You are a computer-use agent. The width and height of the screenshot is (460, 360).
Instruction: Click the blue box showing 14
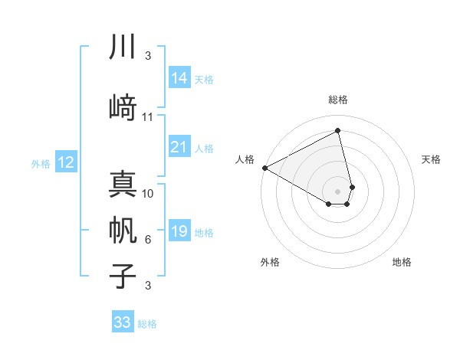tap(179, 78)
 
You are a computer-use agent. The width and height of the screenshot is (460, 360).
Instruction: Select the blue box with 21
tap(179, 148)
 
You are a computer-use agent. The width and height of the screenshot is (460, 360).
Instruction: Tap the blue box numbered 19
tap(179, 232)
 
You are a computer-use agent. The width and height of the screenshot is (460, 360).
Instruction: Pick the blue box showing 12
tap(65, 162)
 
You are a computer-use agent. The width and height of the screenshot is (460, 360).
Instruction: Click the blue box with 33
tap(123, 322)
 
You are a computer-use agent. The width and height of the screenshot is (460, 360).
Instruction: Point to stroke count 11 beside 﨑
tap(148, 117)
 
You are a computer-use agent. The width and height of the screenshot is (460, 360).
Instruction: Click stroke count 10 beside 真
tap(148, 194)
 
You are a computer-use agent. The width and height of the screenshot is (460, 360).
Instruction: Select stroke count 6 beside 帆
tap(148, 240)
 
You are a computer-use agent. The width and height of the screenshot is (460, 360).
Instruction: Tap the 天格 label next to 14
tap(204, 79)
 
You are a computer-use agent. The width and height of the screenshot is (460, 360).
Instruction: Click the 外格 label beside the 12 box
tap(41, 163)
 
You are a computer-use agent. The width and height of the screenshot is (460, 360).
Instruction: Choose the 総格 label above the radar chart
tap(338, 100)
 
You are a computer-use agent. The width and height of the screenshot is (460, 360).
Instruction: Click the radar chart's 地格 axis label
tap(402, 262)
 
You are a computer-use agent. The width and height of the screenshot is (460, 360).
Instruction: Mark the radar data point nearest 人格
tap(264, 167)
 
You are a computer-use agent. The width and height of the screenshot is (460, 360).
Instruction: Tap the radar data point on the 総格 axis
tap(338, 131)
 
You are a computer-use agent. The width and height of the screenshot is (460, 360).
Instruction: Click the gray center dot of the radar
tap(338, 191)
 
